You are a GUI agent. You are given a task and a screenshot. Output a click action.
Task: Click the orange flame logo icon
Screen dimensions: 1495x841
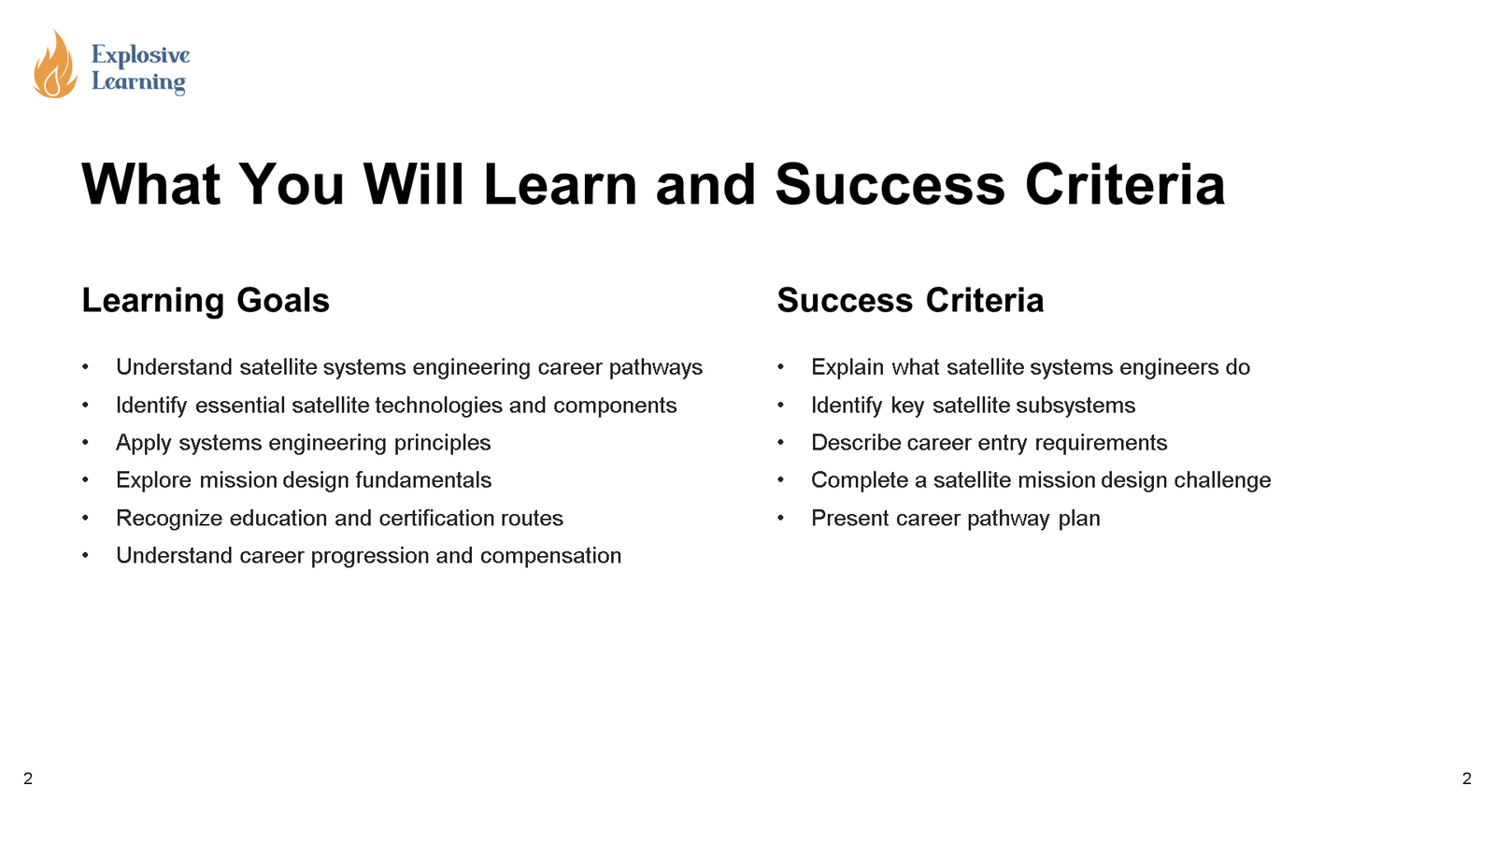(55, 64)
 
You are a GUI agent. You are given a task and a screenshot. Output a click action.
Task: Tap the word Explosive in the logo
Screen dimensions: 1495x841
(141, 55)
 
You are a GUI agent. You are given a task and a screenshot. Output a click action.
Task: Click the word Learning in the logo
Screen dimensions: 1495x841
(139, 82)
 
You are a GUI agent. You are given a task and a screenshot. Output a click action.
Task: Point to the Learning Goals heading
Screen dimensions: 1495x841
(206, 300)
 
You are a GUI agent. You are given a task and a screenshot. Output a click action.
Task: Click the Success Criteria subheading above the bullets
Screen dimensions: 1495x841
(910, 300)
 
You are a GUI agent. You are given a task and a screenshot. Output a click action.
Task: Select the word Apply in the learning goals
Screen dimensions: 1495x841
(144, 443)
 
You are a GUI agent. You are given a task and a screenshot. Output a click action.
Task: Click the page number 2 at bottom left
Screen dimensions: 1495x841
(28, 778)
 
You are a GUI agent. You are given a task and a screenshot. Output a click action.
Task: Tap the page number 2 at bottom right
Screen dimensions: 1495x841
(1466, 778)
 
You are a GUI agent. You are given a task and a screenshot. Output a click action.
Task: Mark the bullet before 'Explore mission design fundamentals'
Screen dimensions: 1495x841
(85, 480)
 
